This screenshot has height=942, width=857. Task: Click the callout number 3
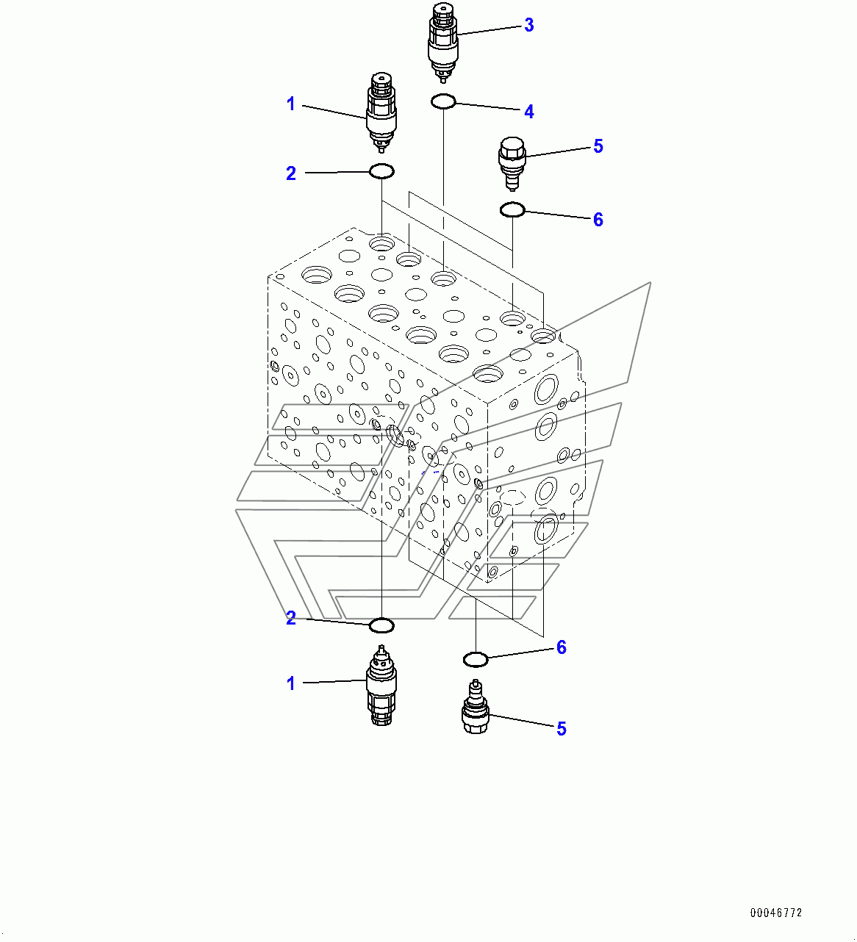[529, 26]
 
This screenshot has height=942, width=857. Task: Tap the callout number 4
[529, 112]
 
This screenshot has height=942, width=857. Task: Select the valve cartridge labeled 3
[443, 43]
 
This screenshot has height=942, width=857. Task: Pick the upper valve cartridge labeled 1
[381, 112]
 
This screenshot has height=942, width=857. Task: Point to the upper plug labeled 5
[512, 164]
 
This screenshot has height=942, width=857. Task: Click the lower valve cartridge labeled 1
[381, 685]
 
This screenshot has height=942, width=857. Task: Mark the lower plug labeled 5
[476, 706]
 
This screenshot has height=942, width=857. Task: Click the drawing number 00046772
[776, 913]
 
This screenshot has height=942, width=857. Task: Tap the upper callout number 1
[291, 104]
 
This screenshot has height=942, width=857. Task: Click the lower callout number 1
[291, 683]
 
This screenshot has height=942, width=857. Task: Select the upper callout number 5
[598, 146]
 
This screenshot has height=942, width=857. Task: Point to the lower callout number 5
[562, 728]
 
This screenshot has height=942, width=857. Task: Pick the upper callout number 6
[598, 219]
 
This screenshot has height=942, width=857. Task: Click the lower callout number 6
[562, 647]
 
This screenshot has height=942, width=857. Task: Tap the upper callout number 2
[291, 173]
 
